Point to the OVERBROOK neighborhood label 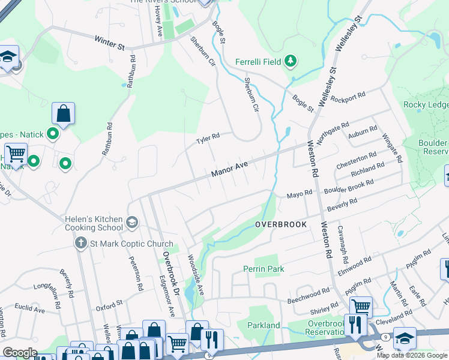[x=280, y=224]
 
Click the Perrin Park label [x=264, y=269]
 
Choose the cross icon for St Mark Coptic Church [x=80, y=242]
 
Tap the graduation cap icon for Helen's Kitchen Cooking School [x=132, y=224]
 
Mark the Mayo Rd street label [x=300, y=194]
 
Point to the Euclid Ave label [x=31, y=310]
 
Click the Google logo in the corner [x=20, y=353]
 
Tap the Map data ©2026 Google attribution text [x=412, y=355]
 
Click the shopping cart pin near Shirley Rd [x=361, y=307]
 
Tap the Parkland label [x=264, y=325]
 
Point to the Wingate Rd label [x=391, y=149]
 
